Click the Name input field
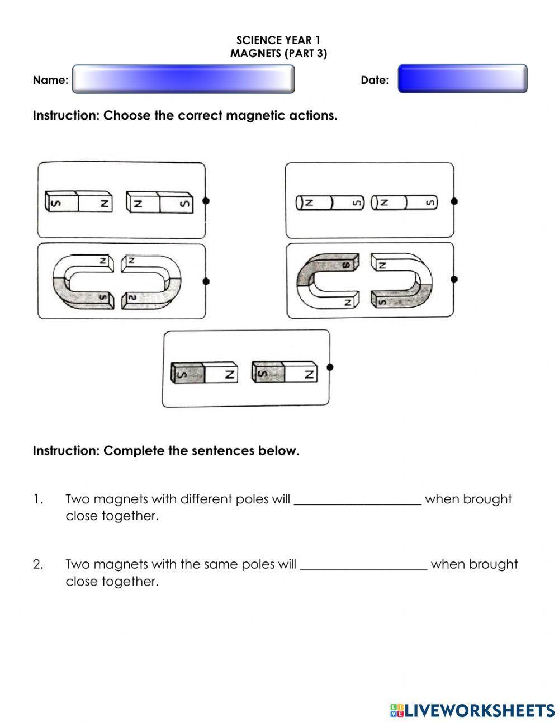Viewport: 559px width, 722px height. [183, 79]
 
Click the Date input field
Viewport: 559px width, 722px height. [462, 79]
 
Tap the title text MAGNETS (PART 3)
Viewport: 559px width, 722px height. [278, 54]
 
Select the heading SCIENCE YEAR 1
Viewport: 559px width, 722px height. [278, 40]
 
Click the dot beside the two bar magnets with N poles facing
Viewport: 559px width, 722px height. [206, 201]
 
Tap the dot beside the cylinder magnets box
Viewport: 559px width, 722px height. [454, 201]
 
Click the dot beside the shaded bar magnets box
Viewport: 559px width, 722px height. [330, 367]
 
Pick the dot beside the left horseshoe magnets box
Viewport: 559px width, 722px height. [206, 281]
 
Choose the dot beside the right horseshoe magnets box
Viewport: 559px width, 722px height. [454, 279]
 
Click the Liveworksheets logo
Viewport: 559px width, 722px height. [472, 710]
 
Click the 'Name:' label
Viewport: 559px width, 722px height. [50, 80]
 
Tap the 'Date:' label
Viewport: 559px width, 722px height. [375, 80]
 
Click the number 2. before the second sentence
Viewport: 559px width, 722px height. [38, 564]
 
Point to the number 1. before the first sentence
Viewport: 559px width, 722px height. [38, 499]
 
